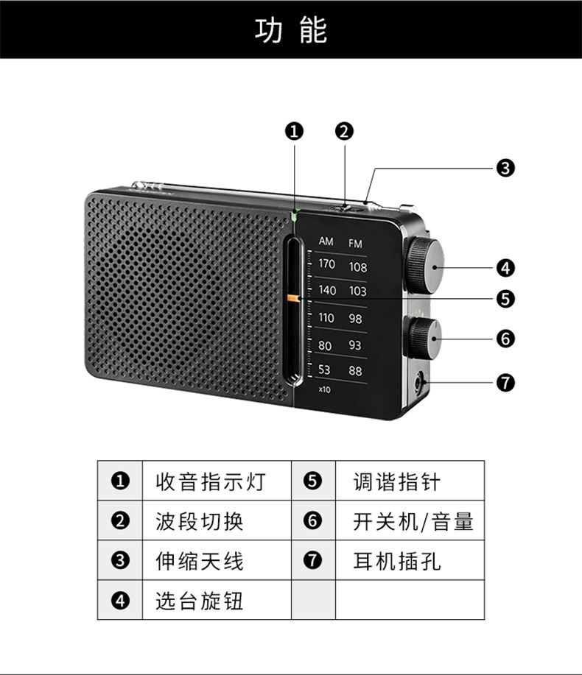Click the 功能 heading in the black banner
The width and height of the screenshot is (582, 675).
(290, 31)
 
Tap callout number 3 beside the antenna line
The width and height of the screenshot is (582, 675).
(505, 168)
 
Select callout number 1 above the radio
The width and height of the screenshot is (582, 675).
(294, 132)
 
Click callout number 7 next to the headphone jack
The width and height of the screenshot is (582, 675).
(505, 383)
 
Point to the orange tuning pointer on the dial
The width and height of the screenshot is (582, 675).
(294, 298)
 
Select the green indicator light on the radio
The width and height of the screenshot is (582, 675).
(295, 216)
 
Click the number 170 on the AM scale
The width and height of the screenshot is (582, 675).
(326, 264)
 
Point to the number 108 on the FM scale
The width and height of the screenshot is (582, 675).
(357, 267)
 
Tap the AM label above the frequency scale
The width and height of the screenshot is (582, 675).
(326, 241)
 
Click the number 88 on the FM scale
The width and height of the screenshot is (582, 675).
(355, 371)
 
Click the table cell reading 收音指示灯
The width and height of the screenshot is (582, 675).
(210, 482)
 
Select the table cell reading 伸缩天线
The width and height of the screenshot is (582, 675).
(199, 562)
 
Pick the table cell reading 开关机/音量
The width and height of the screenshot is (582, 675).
(413, 522)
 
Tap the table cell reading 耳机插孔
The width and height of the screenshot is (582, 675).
(397, 562)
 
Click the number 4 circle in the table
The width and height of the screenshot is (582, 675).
(119, 601)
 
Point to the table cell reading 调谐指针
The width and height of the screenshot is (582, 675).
(397, 482)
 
